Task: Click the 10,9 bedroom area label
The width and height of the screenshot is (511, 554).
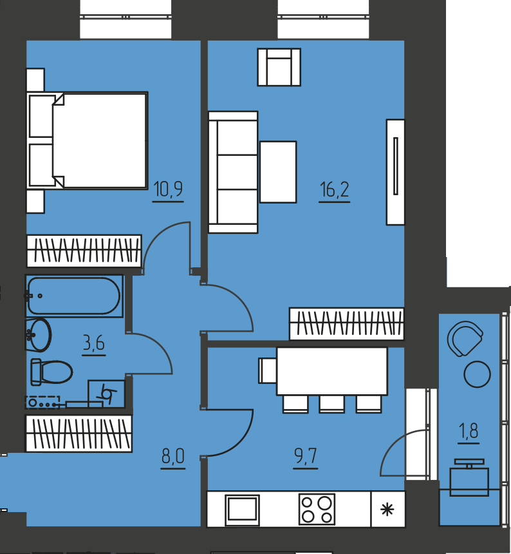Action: pos(168,189)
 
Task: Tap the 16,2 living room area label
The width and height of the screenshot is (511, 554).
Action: pos(334,189)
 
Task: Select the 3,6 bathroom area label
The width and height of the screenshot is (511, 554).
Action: pos(94,343)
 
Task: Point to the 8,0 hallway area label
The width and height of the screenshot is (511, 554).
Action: pos(173,456)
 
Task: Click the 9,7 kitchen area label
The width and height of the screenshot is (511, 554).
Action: pos(306,456)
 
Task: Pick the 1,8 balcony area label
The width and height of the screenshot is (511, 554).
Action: pos(469,431)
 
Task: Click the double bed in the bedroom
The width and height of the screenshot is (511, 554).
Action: pos(87,140)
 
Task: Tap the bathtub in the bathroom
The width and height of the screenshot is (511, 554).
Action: pos(74,296)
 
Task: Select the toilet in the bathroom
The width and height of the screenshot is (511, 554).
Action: pos(51,372)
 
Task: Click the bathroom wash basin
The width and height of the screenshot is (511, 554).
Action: pos(38,334)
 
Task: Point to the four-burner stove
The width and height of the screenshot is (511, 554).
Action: pos(317,509)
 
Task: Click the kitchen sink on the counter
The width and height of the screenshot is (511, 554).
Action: pos(243,509)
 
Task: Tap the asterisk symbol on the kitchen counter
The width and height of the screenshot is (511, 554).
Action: pos(387,509)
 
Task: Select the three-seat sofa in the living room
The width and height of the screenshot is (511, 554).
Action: pos(233,172)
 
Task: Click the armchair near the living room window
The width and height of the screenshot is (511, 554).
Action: pos(279,67)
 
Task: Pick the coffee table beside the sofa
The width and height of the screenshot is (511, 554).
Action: pos(278,172)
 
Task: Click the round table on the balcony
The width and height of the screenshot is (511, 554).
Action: pos(477,374)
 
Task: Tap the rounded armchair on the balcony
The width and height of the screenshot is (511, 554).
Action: pos(465,338)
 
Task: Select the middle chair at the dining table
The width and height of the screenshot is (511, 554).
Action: pos(331,404)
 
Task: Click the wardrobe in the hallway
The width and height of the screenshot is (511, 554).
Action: pos(79,433)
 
